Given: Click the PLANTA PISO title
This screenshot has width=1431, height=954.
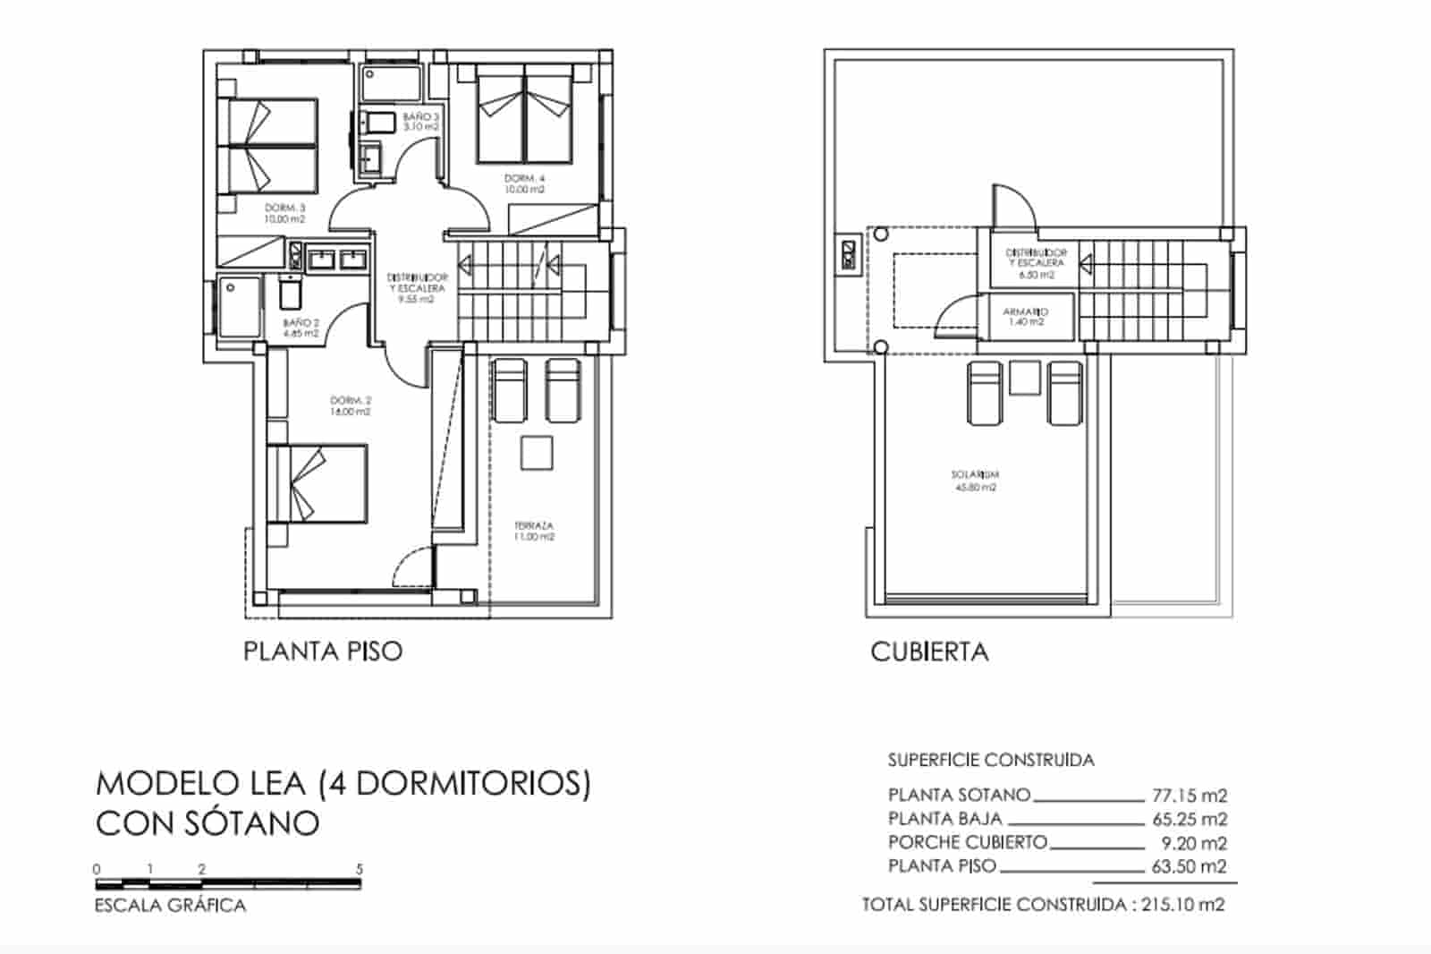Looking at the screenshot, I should (x=323, y=651).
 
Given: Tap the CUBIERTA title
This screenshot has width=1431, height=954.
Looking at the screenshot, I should (x=929, y=652).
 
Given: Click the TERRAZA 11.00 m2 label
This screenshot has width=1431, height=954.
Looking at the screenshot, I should (x=534, y=532).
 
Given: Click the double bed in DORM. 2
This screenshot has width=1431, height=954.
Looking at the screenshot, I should (x=318, y=483).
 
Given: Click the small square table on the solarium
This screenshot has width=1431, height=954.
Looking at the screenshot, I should (x=1025, y=378).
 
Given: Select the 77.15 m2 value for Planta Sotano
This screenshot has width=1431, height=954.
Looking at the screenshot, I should (x=1190, y=795).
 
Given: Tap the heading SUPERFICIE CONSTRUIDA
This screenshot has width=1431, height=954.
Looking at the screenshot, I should (x=991, y=761).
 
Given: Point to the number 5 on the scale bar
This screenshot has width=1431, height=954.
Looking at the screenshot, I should (x=360, y=869).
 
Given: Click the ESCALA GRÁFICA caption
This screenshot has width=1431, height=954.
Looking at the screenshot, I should (x=170, y=906).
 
